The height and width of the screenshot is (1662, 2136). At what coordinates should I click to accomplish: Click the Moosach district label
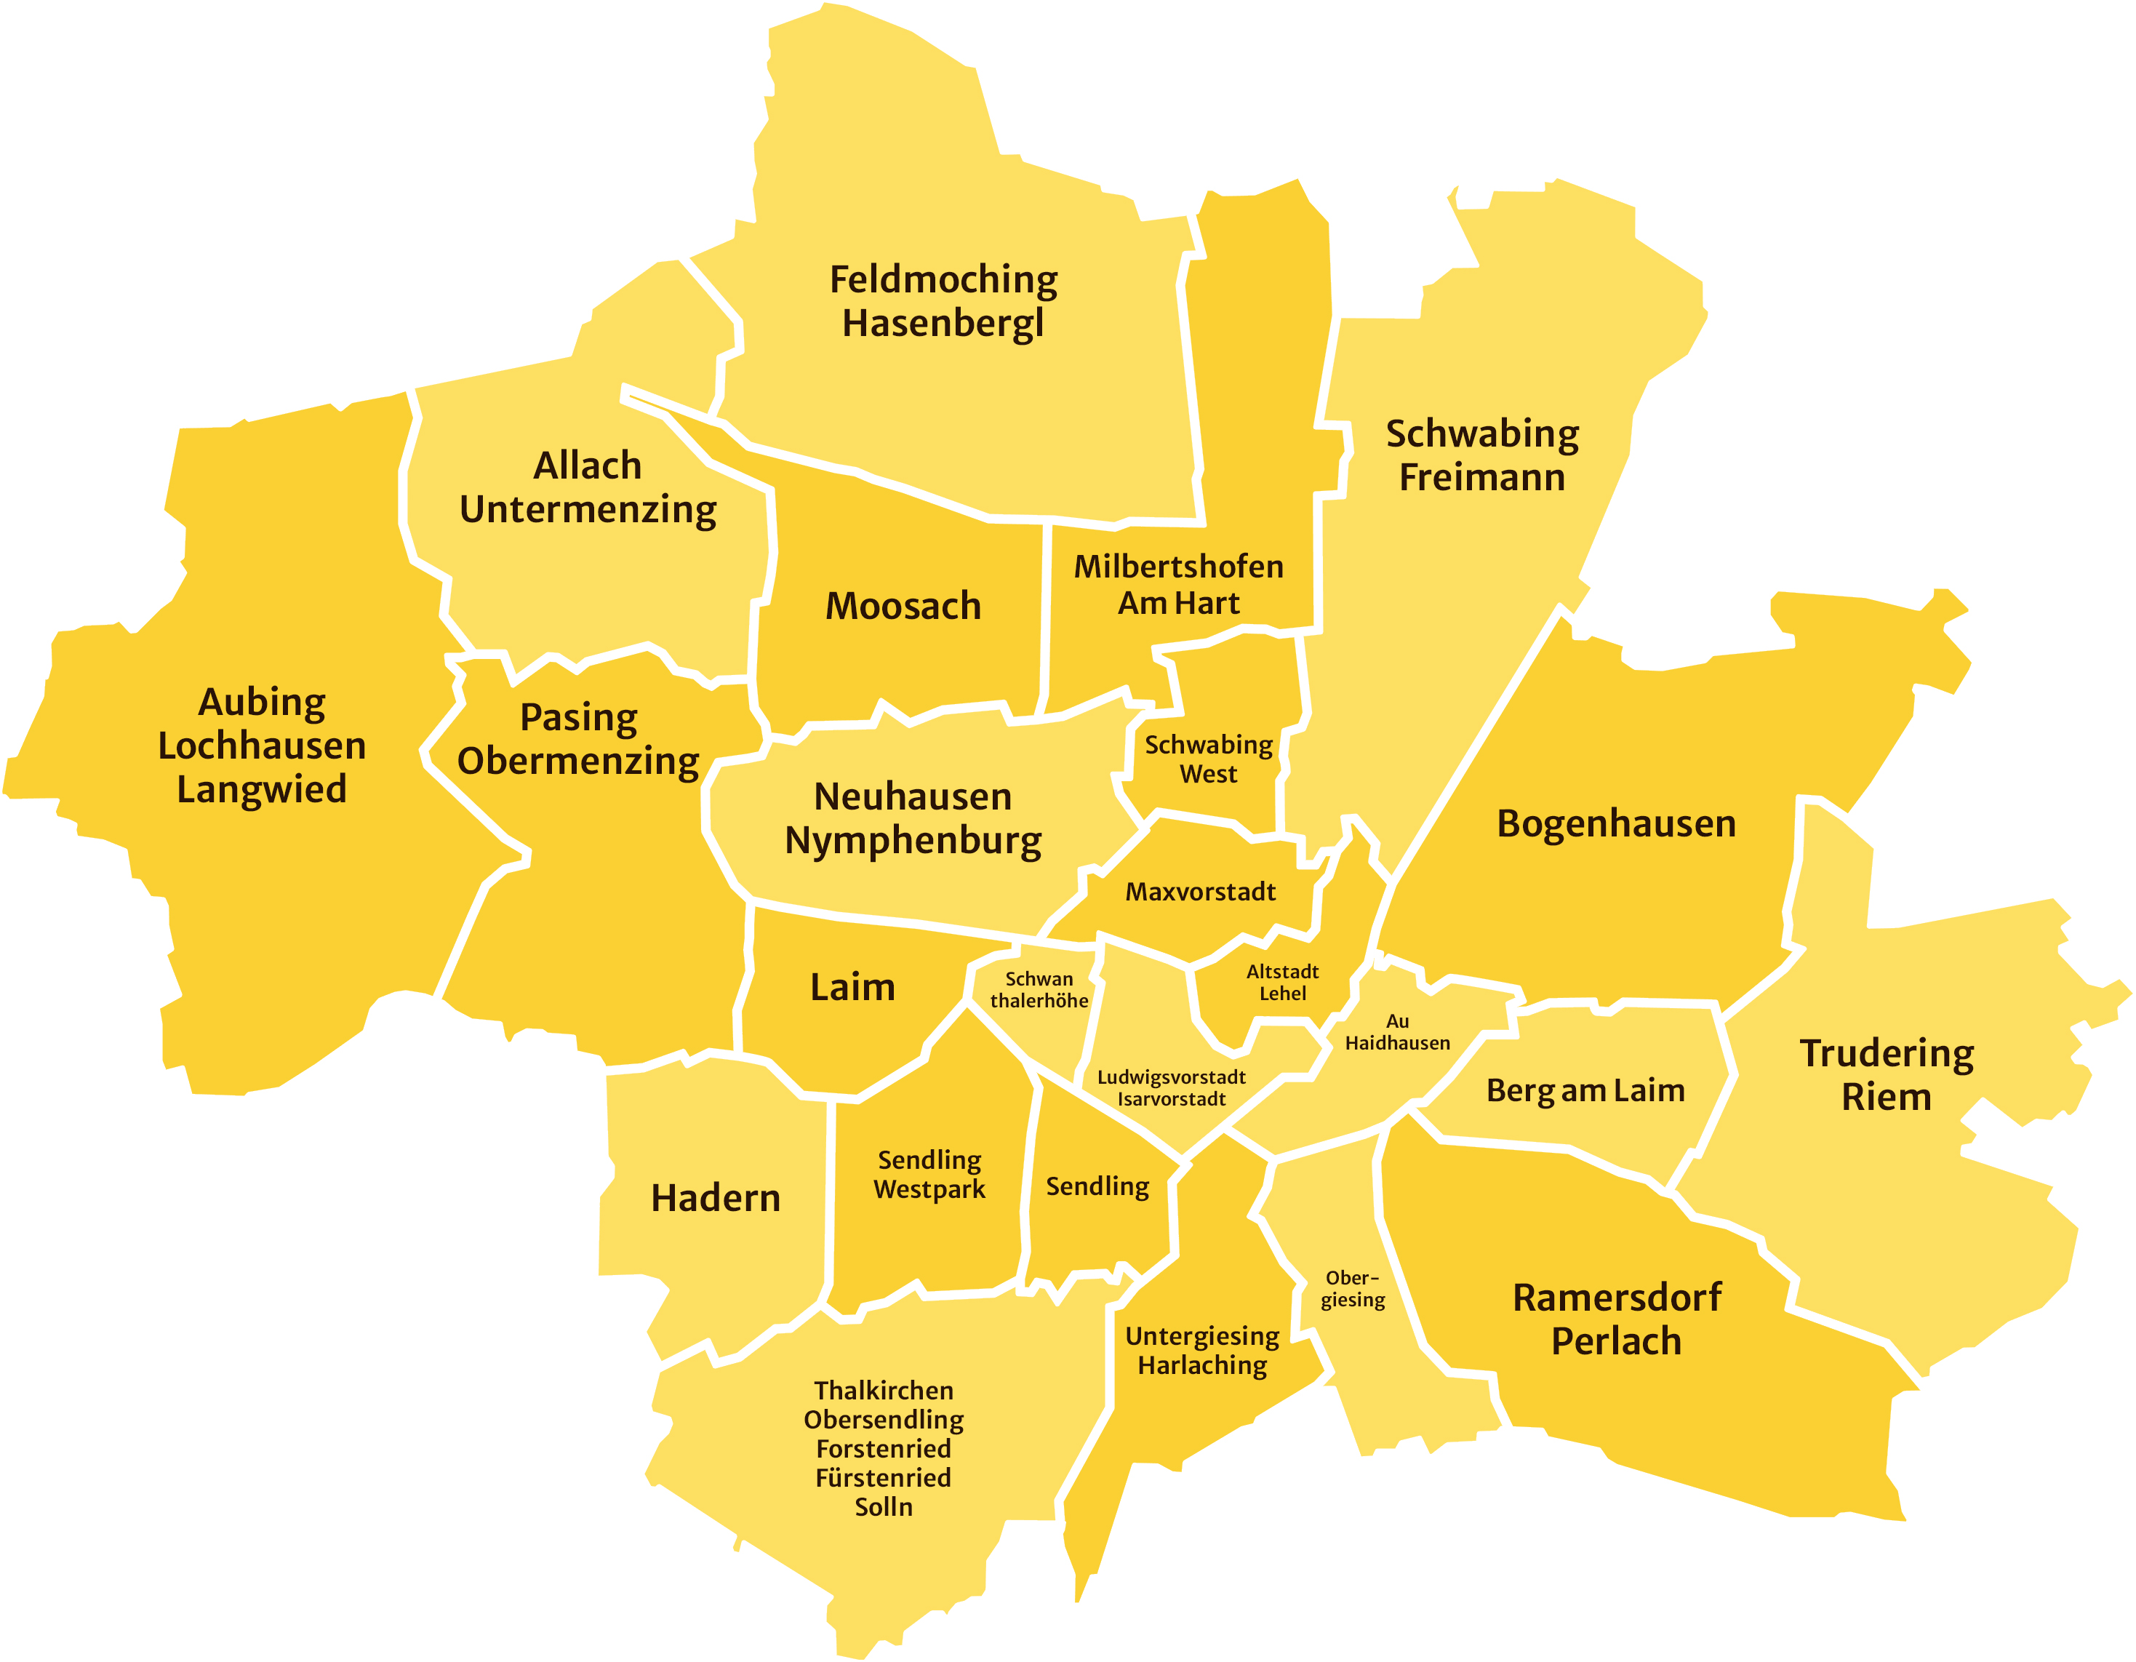pyautogui.click(x=903, y=605)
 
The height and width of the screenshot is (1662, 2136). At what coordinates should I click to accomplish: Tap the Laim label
pyautogui.click(x=852, y=987)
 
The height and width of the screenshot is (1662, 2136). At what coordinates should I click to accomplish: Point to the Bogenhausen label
pyautogui.click(x=1616, y=823)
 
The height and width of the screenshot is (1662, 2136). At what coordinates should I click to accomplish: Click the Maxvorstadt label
pyautogui.click(x=1200, y=891)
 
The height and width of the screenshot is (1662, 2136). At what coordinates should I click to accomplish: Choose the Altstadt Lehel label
pyautogui.click(x=1282, y=982)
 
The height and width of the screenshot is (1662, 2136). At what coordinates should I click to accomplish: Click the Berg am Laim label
pyautogui.click(x=1585, y=1090)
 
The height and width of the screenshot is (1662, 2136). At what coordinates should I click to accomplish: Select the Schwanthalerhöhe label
pyautogui.click(x=1039, y=989)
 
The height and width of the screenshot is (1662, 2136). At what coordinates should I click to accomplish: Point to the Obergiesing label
pyautogui.click(x=1353, y=1288)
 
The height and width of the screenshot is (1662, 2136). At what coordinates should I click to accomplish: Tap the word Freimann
pyautogui.click(x=1481, y=477)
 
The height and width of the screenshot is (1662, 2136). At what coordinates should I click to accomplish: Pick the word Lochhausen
pyautogui.click(x=262, y=746)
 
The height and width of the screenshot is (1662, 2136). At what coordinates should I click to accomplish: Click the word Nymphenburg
pyautogui.click(x=913, y=840)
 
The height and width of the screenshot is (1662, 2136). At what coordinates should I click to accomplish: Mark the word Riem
pyautogui.click(x=1886, y=1097)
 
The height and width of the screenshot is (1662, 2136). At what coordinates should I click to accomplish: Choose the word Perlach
pyautogui.click(x=1616, y=1341)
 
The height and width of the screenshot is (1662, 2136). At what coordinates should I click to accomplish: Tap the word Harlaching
pyautogui.click(x=1202, y=1365)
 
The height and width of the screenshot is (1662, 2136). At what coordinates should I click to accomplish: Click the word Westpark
pyautogui.click(x=929, y=1189)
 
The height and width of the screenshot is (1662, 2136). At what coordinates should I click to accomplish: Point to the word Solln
pyautogui.click(x=883, y=1506)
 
